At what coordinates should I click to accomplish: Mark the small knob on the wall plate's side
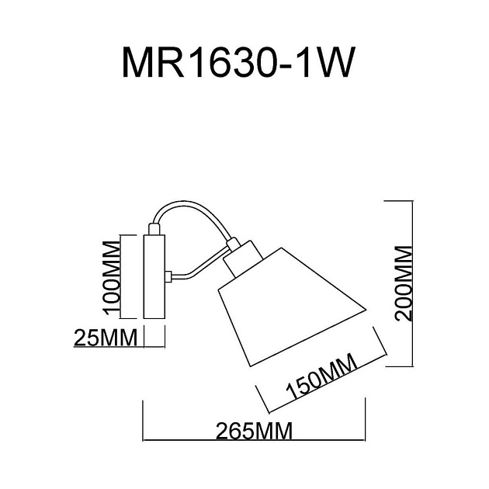[168, 276]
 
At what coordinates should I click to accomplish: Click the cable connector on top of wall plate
[154, 229]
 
